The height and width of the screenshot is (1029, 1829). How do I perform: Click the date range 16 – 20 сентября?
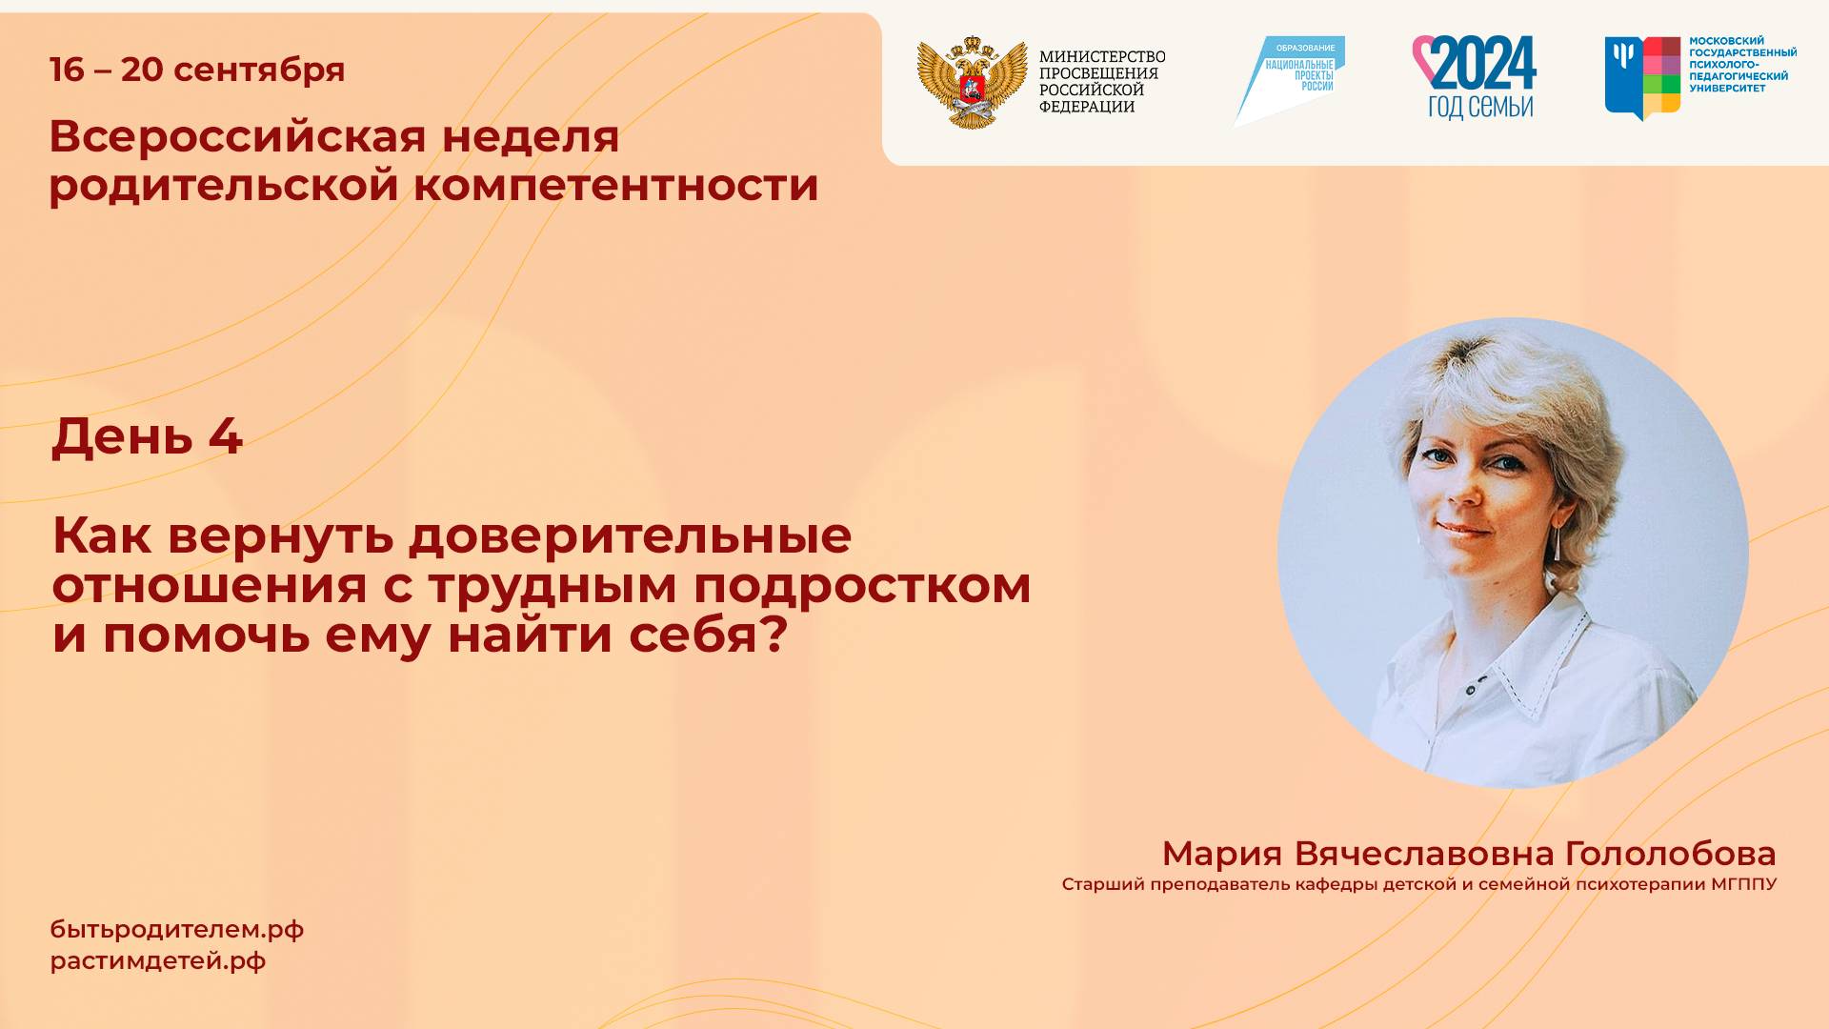coord(197,70)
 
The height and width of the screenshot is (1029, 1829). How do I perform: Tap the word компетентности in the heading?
coord(615,185)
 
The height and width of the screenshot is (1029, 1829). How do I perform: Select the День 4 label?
coord(147,436)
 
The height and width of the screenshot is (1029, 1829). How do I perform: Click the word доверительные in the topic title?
coord(630,535)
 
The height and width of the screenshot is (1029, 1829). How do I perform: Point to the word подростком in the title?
coord(861,585)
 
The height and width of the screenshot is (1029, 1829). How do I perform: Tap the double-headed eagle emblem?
coord(971,82)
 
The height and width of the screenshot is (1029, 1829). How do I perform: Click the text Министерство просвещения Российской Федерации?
coord(1101,82)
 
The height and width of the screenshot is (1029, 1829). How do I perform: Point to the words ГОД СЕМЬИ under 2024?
coord(1479,107)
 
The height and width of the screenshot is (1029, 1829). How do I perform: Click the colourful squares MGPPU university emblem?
coord(1642,76)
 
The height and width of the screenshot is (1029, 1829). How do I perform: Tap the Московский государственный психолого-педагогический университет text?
coord(1741,65)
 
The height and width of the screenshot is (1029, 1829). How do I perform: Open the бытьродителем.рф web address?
coord(177,930)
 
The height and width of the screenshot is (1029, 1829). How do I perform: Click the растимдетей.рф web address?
coord(158,961)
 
